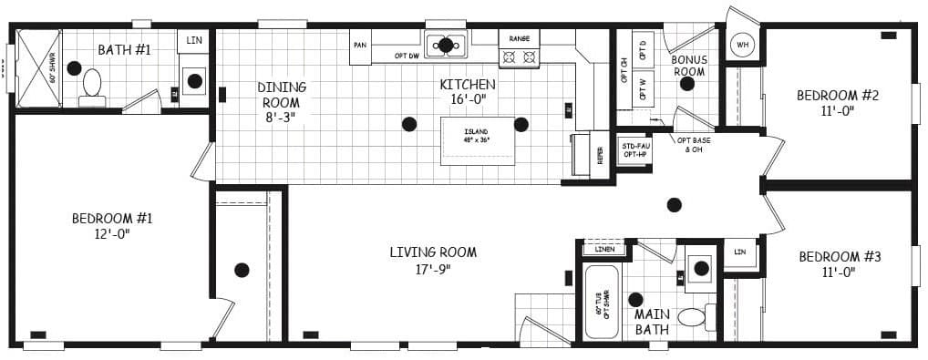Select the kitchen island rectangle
(x=478, y=141)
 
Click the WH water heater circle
(x=742, y=45)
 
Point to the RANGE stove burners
(x=518, y=57)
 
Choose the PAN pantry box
(x=360, y=46)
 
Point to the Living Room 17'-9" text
(x=433, y=260)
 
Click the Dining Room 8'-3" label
(x=282, y=101)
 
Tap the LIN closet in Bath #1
(x=193, y=41)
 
